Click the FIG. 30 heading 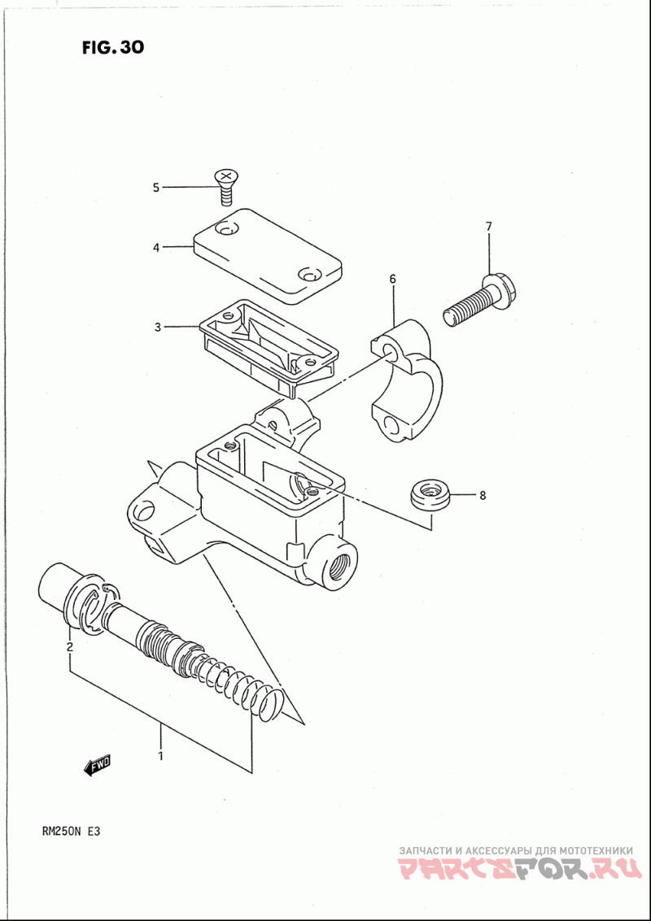[112, 47]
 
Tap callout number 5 [156, 188]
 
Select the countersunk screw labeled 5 [226, 181]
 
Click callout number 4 [156, 247]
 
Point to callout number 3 [158, 327]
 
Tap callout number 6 [392, 279]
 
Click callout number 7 [488, 226]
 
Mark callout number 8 [482, 494]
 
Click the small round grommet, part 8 [430, 495]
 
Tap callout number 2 [70, 647]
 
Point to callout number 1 [160, 755]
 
